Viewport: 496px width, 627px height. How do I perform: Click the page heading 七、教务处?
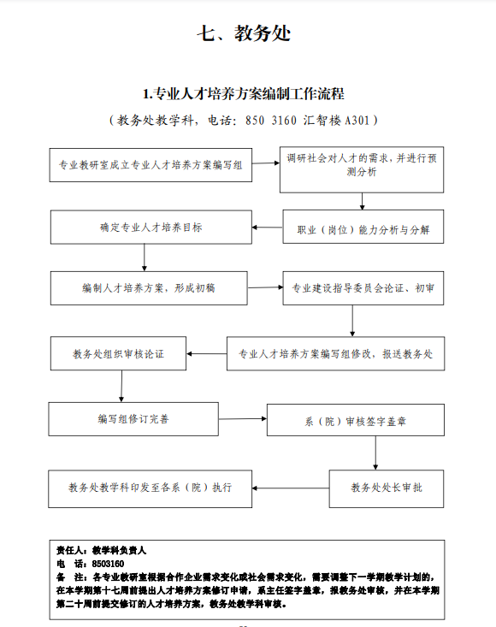(244, 33)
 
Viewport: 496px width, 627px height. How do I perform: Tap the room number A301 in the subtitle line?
(357, 121)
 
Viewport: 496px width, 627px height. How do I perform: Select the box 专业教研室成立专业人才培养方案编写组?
(151, 165)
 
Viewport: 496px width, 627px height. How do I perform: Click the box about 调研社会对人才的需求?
(362, 169)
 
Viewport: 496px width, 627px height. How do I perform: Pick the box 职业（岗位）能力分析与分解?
(363, 227)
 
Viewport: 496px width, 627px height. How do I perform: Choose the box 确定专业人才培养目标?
(151, 228)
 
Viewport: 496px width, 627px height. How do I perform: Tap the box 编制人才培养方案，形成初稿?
(149, 288)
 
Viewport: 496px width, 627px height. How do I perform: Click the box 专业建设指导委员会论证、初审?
(363, 288)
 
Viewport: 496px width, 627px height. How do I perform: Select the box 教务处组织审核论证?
(118, 353)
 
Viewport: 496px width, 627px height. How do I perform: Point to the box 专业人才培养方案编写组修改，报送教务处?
(336, 353)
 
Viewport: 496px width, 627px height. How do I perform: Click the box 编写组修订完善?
(133, 419)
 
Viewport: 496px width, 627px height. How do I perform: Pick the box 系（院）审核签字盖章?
(356, 420)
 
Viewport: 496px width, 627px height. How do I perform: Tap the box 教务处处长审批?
(387, 489)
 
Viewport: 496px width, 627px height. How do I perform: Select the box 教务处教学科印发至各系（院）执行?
(151, 489)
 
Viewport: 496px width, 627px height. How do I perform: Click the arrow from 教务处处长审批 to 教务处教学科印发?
(291, 488)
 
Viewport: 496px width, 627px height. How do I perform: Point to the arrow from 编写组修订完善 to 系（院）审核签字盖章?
(243, 418)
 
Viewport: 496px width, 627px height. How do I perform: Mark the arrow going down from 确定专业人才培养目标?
(145, 257)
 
